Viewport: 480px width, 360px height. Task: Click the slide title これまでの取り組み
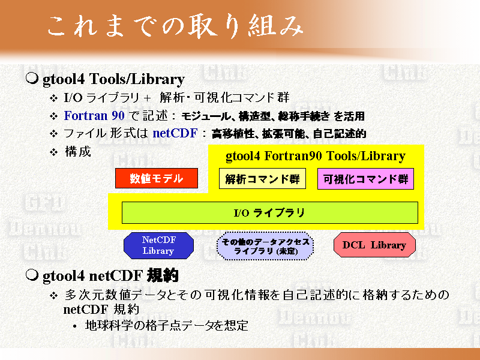click(x=175, y=27)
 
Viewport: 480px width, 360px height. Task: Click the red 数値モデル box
click(x=157, y=178)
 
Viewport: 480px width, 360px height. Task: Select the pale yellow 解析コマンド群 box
click(x=262, y=178)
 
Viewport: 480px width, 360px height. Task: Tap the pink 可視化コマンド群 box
click(x=365, y=179)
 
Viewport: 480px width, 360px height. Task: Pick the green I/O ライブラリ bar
click(x=269, y=213)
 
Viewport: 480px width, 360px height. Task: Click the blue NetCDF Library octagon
click(x=158, y=245)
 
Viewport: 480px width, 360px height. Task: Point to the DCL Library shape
click(x=374, y=245)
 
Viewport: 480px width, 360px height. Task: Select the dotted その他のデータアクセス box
click(x=265, y=246)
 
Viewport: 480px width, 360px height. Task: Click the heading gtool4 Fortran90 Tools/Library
click(x=316, y=156)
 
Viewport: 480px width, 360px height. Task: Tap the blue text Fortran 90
click(x=94, y=116)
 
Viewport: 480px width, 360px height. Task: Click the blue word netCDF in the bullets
click(x=175, y=133)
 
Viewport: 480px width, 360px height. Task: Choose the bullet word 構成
click(x=78, y=152)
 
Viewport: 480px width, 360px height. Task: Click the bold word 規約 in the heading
click(x=163, y=275)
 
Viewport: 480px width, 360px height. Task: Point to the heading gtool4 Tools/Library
click(x=113, y=79)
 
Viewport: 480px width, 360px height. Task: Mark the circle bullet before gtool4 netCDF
click(x=32, y=275)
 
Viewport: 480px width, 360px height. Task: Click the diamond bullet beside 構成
click(x=54, y=152)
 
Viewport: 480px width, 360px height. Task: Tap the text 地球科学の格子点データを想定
click(x=167, y=325)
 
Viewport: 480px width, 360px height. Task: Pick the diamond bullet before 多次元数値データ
click(x=54, y=296)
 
